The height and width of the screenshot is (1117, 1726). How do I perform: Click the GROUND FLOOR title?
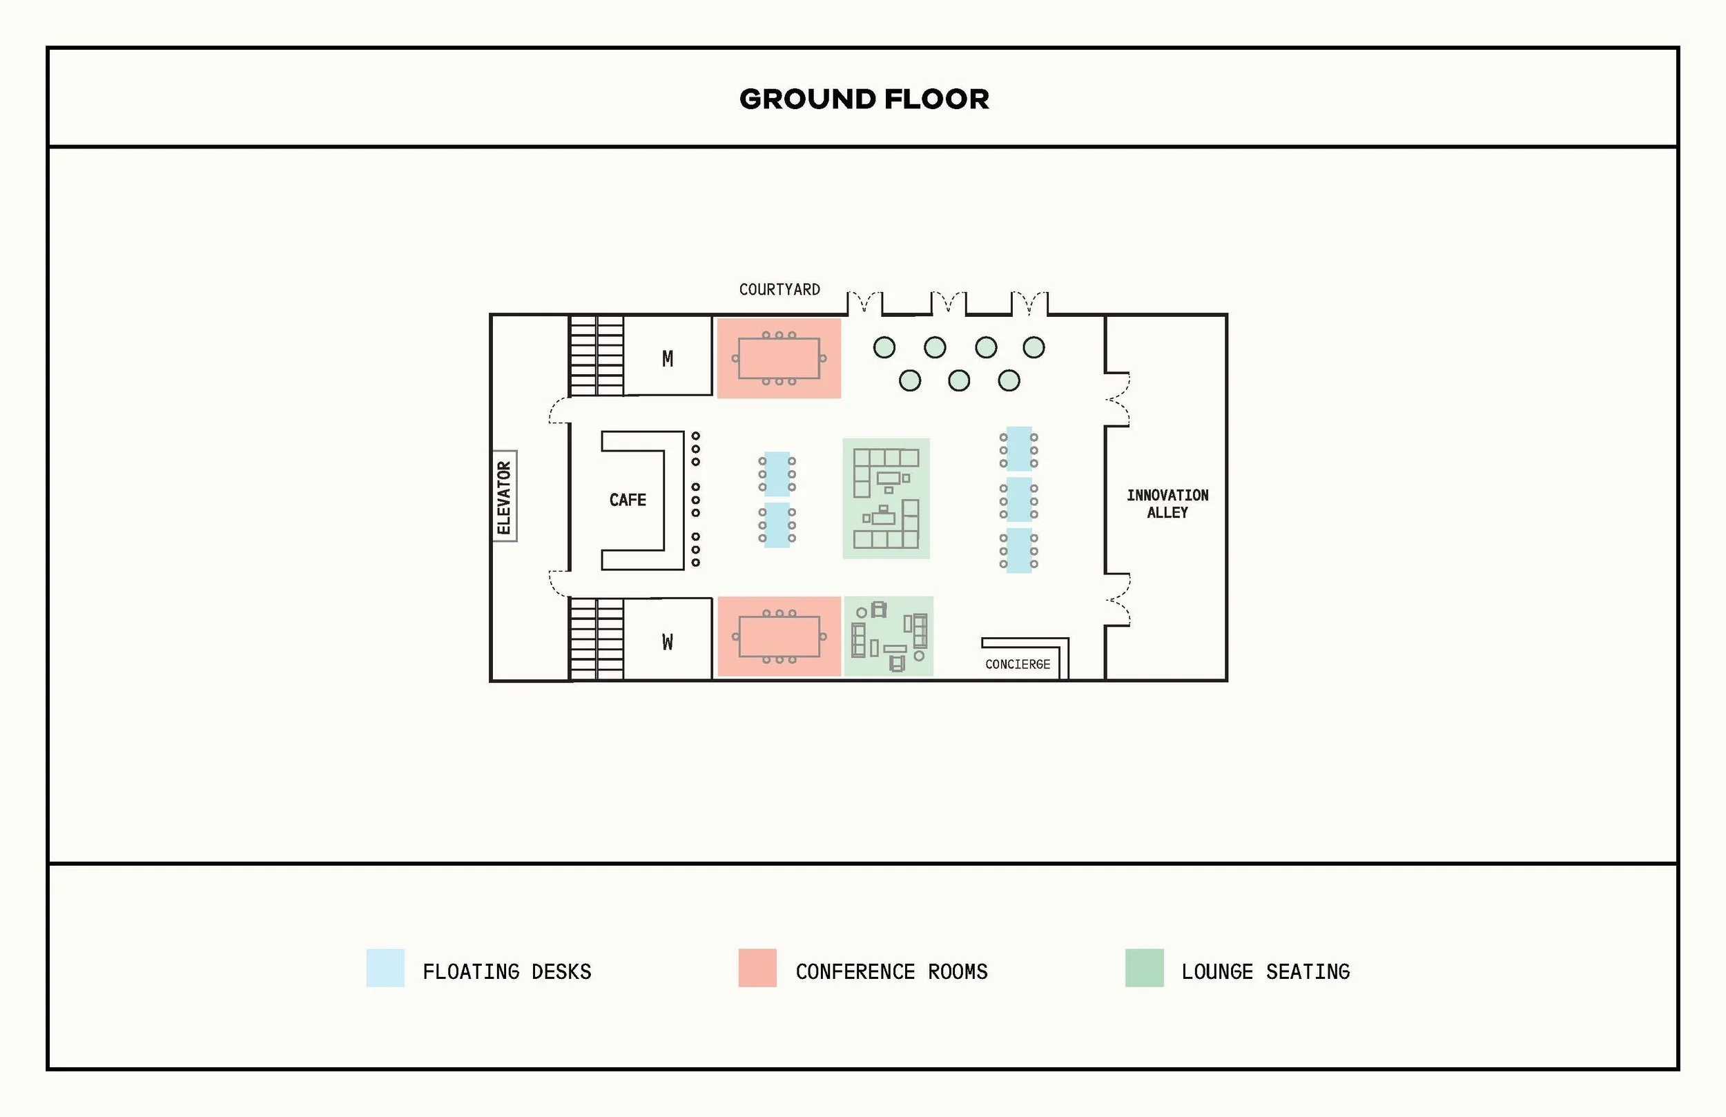864,99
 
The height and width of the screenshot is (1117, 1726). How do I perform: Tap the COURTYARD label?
779,289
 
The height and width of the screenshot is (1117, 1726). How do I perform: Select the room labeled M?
667,358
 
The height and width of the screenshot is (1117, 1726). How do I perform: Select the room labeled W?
667,641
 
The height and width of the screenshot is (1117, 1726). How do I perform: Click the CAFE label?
628,500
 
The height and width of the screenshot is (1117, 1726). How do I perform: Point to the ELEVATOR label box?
504,498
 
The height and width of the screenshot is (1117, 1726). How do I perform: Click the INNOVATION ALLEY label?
1167,503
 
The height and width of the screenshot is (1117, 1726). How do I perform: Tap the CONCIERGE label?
1017,664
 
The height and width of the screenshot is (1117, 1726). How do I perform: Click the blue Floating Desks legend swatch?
385,968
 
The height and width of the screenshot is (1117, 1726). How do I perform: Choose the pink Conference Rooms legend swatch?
757,968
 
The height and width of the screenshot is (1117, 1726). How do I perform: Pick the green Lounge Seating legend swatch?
1144,968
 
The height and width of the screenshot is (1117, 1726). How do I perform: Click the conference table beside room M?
779,358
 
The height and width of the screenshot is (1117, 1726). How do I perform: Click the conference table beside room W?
779,636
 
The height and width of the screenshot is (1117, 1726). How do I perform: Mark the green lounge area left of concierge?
889,636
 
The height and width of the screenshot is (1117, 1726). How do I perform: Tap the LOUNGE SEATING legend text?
1266,971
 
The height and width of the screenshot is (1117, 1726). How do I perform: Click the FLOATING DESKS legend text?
507,971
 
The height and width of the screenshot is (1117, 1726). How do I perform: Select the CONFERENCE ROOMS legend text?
891,971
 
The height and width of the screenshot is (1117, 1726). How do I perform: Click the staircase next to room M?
596,356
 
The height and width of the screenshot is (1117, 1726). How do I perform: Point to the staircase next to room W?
596,639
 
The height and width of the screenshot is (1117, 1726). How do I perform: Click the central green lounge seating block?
886,498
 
